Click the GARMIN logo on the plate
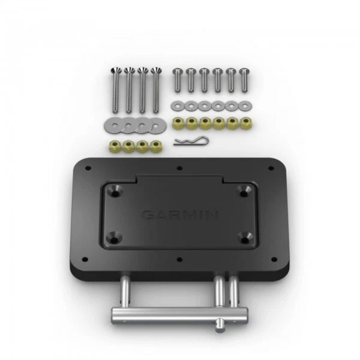click(x=179, y=214)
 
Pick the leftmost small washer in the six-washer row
click(x=176, y=106)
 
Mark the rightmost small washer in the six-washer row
click(x=244, y=106)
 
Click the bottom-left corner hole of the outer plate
click(x=86, y=259)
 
